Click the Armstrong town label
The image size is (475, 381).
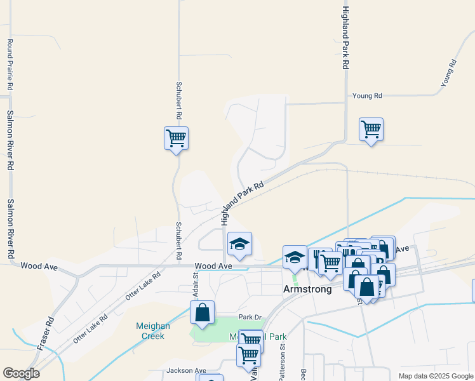(x=307, y=289)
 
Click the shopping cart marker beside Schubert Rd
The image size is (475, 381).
(x=176, y=138)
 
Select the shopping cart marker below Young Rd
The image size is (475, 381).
(x=371, y=130)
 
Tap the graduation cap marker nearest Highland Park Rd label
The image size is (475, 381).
(x=239, y=244)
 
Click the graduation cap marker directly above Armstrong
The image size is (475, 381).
(x=295, y=257)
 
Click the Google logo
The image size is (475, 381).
(x=21, y=373)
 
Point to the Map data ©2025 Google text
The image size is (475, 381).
(x=435, y=376)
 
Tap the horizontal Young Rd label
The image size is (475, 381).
(x=368, y=96)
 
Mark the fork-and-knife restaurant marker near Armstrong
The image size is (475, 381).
(x=318, y=258)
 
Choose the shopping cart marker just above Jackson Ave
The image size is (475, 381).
(x=248, y=356)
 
